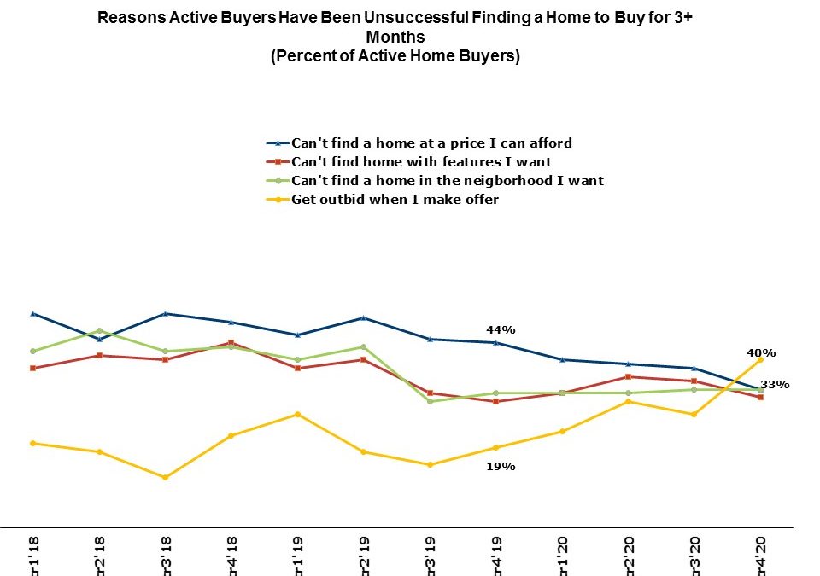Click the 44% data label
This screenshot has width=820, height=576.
pyautogui.click(x=501, y=330)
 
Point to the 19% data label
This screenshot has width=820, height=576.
pyautogui.click(x=501, y=467)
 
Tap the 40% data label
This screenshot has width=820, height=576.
pyautogui.click(x=762, y=352)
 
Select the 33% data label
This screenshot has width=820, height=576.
pyautogui.click(x=776, y=385)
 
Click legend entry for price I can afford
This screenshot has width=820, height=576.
pyautogui.click(x=431, y=143)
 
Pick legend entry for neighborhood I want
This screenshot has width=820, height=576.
pyautogui.click(x=448, y=180)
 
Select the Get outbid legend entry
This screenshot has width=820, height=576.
pyautogui.click(x=395, y=199)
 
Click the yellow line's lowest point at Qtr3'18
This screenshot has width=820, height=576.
pyautogui.click(x=165, y=477)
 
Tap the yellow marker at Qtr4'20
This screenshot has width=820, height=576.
pyautogui.click(x=759, y=360)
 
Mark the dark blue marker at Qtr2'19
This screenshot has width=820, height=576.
pyautogui.click(x=365, y=317)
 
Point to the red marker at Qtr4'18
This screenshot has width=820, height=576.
pyautogui.click(x=231, y=343)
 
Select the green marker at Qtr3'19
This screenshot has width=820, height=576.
pyautogui.click(x=431, y=401)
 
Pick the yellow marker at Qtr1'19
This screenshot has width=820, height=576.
pyautogui.click(x=298, y=414)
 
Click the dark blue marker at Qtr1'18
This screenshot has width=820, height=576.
pyautogui.click(x=32, y=313)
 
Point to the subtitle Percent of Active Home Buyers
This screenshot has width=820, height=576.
pyautogui.click(x=395, y=56)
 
